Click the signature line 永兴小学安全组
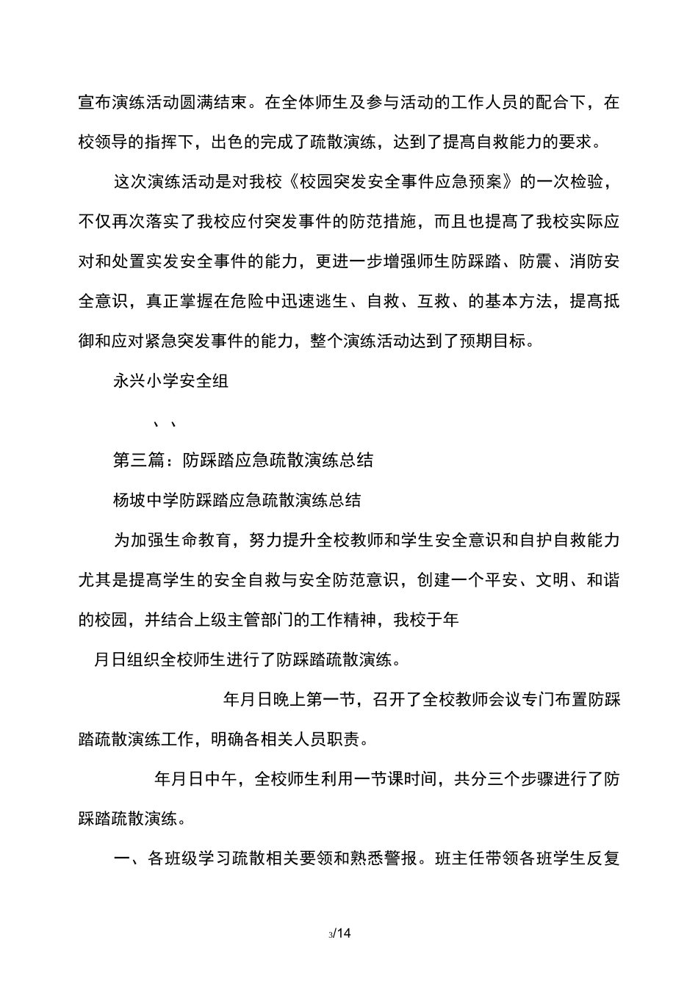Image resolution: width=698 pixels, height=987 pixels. (x=170, y=380)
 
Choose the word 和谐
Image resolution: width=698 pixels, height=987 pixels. (x=602, y=581)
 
